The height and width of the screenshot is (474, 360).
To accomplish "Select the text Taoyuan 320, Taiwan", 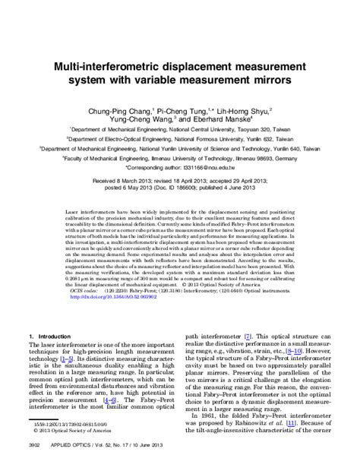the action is pyautogui.click(x=264, y=130).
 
